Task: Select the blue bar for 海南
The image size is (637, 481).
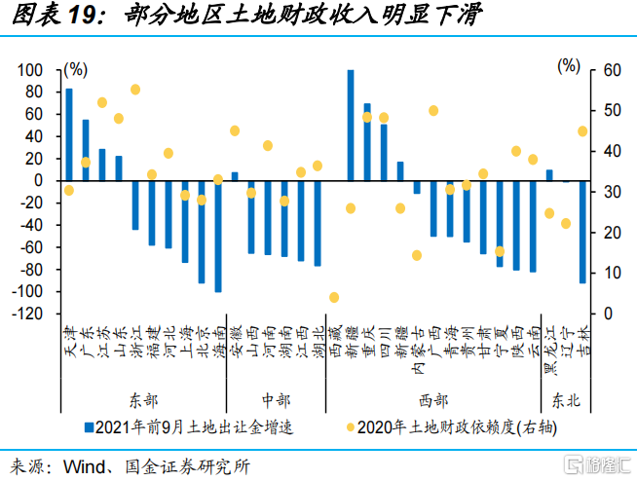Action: (x=218, y=236)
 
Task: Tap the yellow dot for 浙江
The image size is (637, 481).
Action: (x=135, y=90)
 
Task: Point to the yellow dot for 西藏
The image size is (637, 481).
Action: (x=334, y=297)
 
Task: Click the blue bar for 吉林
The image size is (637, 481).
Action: (x=582, y=232)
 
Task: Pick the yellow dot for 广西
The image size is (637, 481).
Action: (x=433, y=111)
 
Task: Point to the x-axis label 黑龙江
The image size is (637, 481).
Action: (x=549, y=345)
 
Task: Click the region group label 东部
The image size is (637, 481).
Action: (x=143, y=399)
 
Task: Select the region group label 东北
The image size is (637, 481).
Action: (x=566, y=399)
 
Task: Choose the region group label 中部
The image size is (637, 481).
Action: (x=277, y=399)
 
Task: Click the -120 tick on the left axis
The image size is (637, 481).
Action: (x=31, y=314)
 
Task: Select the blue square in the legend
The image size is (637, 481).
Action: (x=89, y=426)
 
